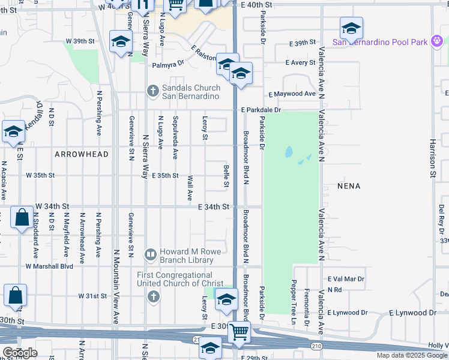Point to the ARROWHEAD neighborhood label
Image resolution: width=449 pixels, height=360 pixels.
pyautogui.click(x=82, y=154)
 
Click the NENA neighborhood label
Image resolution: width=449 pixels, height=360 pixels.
pyautogui.click(x=349, y=186)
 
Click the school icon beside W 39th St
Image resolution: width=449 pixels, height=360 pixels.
pyautogui.click(x=121, y=42)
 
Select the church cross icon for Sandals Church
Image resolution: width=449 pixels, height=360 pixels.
pyautogui.click(x=153, y=91)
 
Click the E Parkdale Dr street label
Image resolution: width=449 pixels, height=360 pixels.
pyautogui.click(x=261, y=110)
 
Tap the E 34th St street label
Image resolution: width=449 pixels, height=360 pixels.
pyautogui.click(x=214, y=207)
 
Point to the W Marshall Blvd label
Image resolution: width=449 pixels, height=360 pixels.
pyautogui.click(x=49, y=266)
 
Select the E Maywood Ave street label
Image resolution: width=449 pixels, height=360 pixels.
pyautogui.click(x=292, y=94)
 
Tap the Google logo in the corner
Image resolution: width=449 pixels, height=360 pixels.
pyautogui.click(x=20, y=353)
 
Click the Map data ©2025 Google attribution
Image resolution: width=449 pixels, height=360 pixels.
pyautogui.click(x=411, y=355)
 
